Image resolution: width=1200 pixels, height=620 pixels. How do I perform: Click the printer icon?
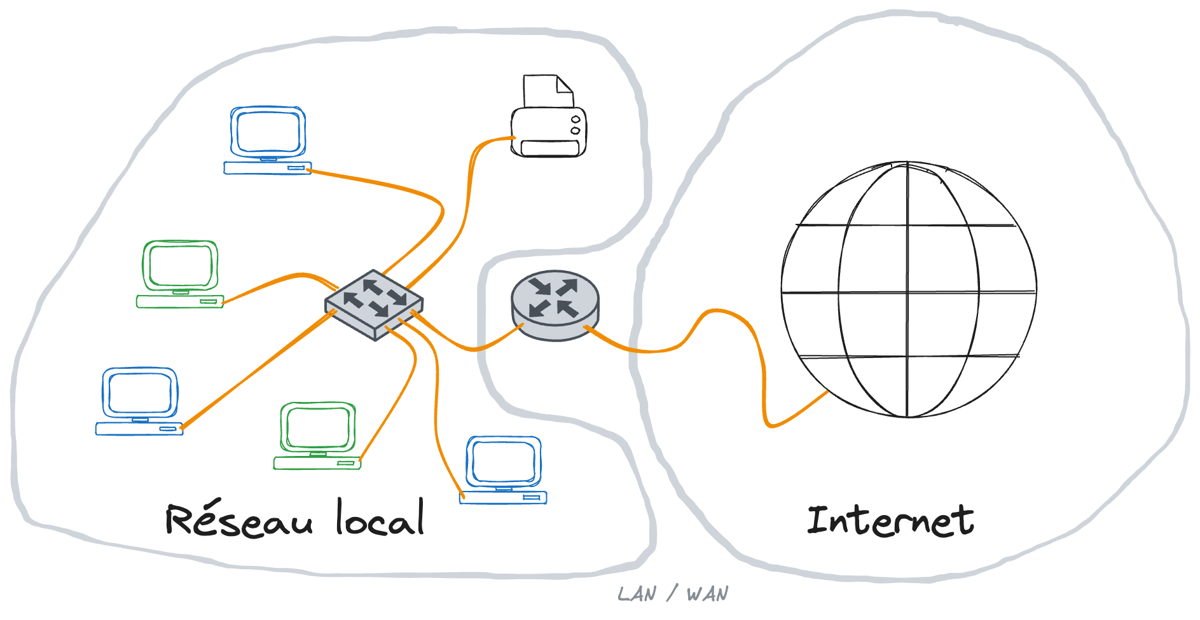point(548,130)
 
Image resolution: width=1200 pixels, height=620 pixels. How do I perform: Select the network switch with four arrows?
point(374,304)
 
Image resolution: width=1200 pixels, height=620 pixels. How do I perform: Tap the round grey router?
point(555,305)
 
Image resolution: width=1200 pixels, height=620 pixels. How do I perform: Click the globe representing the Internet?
point(908,290)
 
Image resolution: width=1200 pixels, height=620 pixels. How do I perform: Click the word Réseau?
point(238,520)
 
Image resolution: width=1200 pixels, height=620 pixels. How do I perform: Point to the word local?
point(380,518)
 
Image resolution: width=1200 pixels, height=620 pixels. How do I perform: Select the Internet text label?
point(890,521)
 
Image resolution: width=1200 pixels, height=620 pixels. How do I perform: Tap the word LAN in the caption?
point(637,595)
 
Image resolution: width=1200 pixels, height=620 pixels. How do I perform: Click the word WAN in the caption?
point(707,595)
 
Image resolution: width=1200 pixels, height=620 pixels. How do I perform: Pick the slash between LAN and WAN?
point(672,593)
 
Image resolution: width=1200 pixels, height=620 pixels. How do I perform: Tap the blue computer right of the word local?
point(503,470)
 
